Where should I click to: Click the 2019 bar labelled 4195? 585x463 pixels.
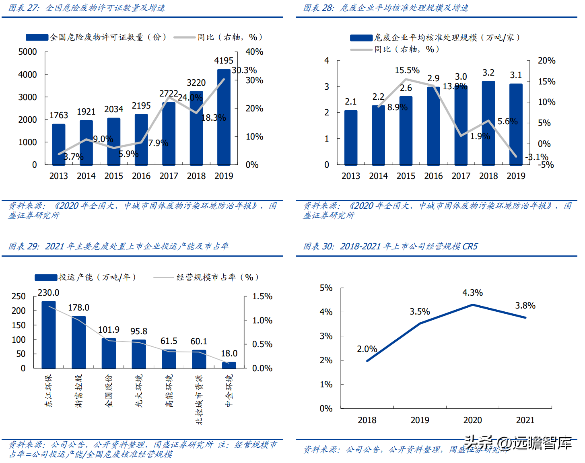(224, 117)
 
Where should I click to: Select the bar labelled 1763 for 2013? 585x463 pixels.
(59, 144)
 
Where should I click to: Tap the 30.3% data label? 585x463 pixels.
(244, 70)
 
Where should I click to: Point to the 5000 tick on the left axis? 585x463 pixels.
(27, 52)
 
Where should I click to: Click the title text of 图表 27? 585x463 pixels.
(87, 8)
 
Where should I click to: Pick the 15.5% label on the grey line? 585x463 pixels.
(407, 70)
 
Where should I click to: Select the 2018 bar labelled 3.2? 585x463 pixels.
(488, 123)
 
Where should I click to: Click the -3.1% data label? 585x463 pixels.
(537, 157)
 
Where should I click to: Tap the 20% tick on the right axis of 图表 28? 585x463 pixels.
(546, 61)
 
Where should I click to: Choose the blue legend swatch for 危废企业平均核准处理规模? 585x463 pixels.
(361, 38)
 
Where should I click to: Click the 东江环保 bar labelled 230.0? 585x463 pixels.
(49, 335)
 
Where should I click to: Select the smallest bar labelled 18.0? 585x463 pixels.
(229, 365)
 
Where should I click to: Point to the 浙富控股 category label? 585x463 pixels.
(79, 391)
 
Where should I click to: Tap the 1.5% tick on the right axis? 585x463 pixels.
(262, 296)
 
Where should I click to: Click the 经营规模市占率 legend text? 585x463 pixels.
(217, 277)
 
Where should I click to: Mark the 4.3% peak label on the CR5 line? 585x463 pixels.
(472, 293)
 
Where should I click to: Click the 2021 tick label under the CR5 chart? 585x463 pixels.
(525, 420)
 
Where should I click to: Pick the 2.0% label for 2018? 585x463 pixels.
(367, 349)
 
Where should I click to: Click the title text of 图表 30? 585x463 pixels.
(390, 246)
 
